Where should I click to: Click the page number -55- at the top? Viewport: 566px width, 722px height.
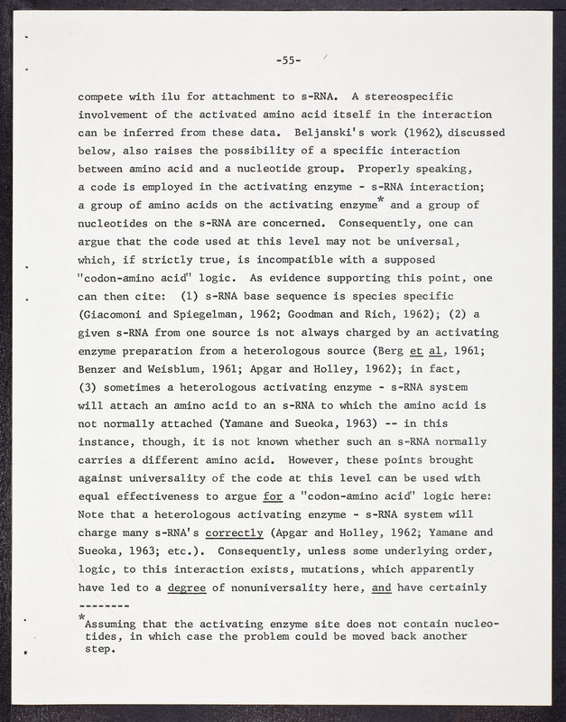click(x=288, y=60)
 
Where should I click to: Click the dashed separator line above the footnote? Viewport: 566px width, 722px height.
click(x=106, y=606)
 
